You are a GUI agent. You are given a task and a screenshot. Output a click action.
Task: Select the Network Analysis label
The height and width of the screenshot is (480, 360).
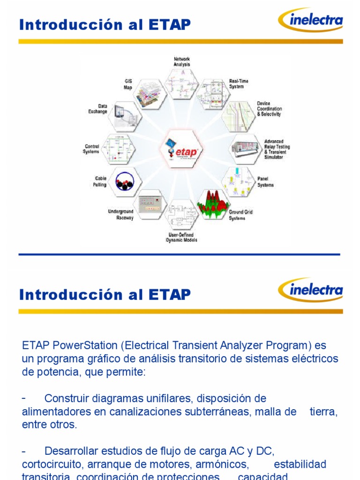coord(182,62)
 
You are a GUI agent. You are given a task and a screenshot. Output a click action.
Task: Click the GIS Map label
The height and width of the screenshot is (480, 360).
coord(127,84)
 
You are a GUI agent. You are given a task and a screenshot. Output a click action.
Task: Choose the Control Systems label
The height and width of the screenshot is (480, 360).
coord(91,149)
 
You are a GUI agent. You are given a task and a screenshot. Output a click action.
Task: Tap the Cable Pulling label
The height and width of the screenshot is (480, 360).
coord(100,181)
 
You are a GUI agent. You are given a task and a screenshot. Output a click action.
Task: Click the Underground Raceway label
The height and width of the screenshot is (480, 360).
coord(121,215)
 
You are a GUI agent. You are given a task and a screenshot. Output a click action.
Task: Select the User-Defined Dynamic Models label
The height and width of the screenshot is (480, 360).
coord(181,237)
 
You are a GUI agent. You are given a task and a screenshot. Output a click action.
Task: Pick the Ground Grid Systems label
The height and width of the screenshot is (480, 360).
coord(241,215)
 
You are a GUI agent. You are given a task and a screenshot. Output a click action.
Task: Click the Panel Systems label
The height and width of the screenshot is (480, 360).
coord(265,182)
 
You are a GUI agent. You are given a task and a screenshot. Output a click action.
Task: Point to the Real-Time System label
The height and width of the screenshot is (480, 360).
coord(239,84)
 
